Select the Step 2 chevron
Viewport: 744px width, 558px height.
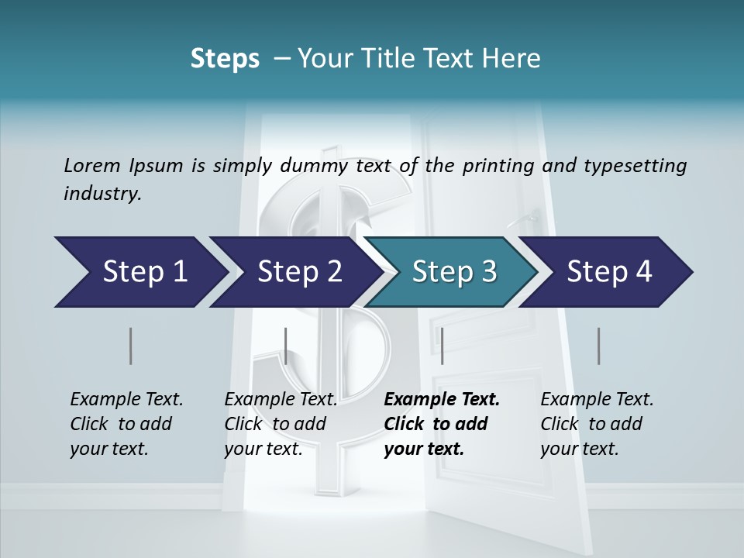[298, 272]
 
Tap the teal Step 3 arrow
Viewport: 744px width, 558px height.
[453, 272]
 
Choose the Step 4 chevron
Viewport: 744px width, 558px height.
[608, 272]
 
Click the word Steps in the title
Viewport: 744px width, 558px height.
[225, 59]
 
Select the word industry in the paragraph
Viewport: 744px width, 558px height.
[102, 194]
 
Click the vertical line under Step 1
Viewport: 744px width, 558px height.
[131, 346]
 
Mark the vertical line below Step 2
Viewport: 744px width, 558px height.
[286, 346]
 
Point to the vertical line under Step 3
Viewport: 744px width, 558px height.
[442, 346]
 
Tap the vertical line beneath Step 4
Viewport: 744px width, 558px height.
[599, 346]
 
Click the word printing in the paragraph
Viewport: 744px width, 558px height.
[498, 165]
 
